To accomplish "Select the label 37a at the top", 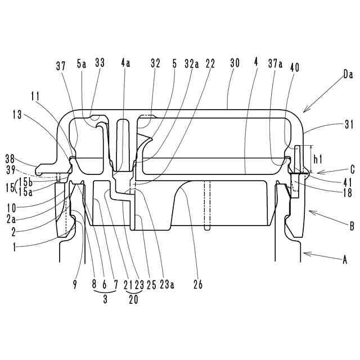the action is pos(276,65).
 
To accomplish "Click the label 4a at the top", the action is pos(125,65).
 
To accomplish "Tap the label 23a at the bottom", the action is pos(166,284).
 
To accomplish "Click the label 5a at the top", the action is pos(82,65).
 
